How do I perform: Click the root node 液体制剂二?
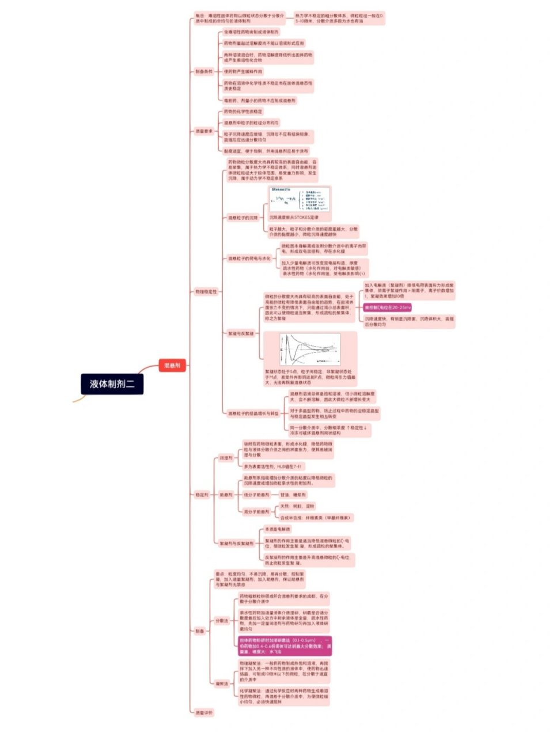[x=112, y=383]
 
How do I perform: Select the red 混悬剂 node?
[x=172, y=365]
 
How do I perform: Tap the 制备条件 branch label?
[x=204, y=71]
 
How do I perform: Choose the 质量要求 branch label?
[x=204, y=131]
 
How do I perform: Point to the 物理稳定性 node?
[x=206, y=292]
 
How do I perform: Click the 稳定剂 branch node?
[x=202, y=494]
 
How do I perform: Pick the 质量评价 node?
[x=204, y=712]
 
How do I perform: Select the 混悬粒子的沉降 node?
[x=243, y=218]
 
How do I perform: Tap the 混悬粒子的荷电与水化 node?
[x=249, y=259]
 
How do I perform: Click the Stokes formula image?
[x=300, y=199]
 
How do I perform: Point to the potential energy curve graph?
[x=309, y=349]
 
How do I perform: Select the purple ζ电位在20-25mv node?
[x=387, y=307]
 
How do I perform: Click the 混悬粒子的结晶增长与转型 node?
[x=253, y=413]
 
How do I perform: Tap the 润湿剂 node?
[x=226, y=458]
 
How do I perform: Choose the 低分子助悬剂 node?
[x=256, y=495]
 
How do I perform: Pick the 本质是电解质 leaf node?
[x=278, y=529]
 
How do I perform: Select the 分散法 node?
[x=222, y=621]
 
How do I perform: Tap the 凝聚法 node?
[x=222, y=683]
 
